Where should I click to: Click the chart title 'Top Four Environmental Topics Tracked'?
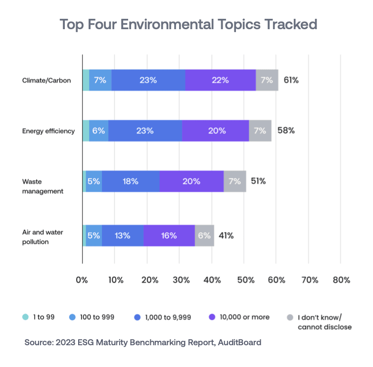pyautogui.click(x=188, y=25)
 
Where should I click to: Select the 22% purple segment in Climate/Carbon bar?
pyautogui.click(x=220, y=80)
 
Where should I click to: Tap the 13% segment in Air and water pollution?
pyautogui.click(x=123, y=235)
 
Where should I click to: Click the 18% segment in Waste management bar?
pyautogui.click(x=131, y=182)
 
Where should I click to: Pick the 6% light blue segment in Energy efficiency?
pyautogui.click(x=98, y=131)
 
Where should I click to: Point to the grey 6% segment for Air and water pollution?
pyautogui.click(x=204, y=235)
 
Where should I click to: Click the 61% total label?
pyautogui.click(x=291, y=80)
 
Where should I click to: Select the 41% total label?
pyautogui.click(x=226, y=235)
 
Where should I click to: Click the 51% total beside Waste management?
pyautogui.click(x=258, y=181)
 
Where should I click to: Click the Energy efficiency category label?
pyautogui.click(x=48, y=131)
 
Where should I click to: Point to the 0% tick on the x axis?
pyautogui.click(x=82, y=280)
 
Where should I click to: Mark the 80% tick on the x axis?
pyautogui.click(x=341, y=280)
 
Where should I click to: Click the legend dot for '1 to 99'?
pyautogui.click(x=26, y=317)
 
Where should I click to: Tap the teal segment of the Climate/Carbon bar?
pyautogui.click(x=86, y=80)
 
